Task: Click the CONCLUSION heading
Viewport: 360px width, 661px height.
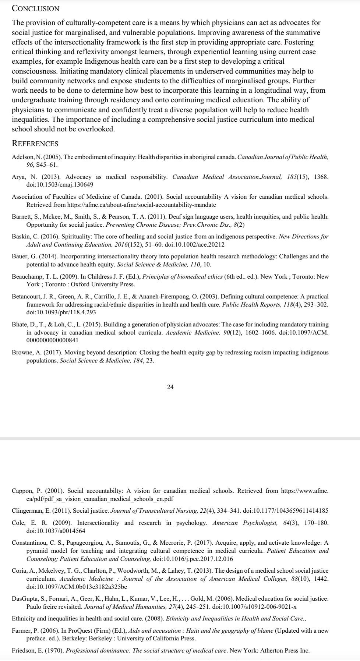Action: [x=35, y=8]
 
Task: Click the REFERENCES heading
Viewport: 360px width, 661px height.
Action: [x=35, y=144]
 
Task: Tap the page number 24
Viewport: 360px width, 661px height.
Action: [x=170, y=387]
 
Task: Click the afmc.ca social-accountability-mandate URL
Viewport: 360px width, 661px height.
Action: [x=142, y=205]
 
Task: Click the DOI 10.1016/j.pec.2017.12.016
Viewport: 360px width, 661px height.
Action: [x=193, y=559]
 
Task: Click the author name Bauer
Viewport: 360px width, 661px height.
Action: [x=20, y=256]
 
